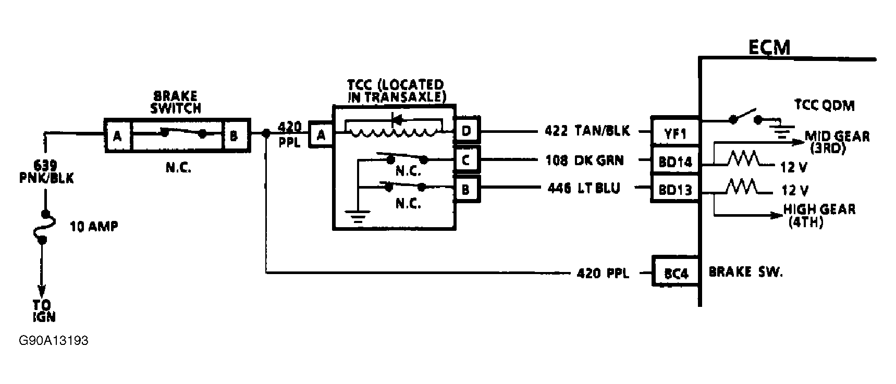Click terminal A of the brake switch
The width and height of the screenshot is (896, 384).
click(x=118, y=135)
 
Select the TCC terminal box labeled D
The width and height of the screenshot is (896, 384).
click(x=466, y=130)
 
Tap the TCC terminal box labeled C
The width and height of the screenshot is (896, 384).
click(x=466, y=160)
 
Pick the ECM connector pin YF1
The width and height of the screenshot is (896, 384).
click(x=675, y=133)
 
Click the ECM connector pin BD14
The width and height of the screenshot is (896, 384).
click(x=675, y=162)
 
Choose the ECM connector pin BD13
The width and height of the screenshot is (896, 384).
click(x=675, y=190)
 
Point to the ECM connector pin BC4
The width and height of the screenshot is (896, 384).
click(x=676, y=272)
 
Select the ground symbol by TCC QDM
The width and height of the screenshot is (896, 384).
click(x=780, y=131)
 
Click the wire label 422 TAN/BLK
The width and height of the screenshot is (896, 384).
click(x=587, y=131)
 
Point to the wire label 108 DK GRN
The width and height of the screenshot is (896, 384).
click(x=584, y=160)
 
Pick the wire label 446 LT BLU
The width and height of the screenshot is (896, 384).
click(x=584, y=188)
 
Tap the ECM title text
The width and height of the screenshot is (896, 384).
click(x=769, y=48)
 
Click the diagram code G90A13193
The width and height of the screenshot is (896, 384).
click(x=53, y=341)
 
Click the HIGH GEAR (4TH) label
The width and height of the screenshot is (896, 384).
click(x=819, y=215)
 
